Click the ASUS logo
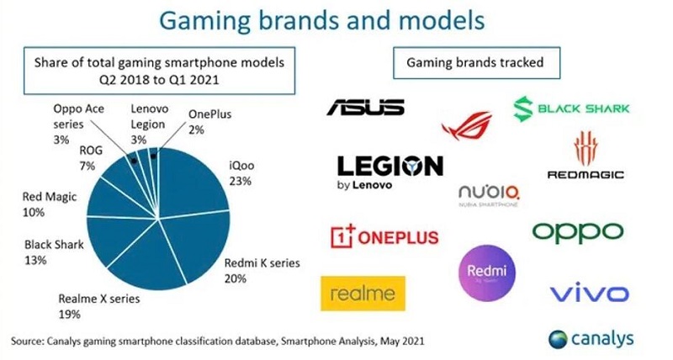click(365, 107)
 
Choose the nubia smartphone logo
click(489, 195)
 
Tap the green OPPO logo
click(577, 230)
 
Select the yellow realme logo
click(363, 294)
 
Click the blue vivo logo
click(588, 294)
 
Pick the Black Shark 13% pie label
click(52, 251)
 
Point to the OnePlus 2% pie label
click(209, 121)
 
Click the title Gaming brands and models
click(336, 20)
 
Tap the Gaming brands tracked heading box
click(474, 62)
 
